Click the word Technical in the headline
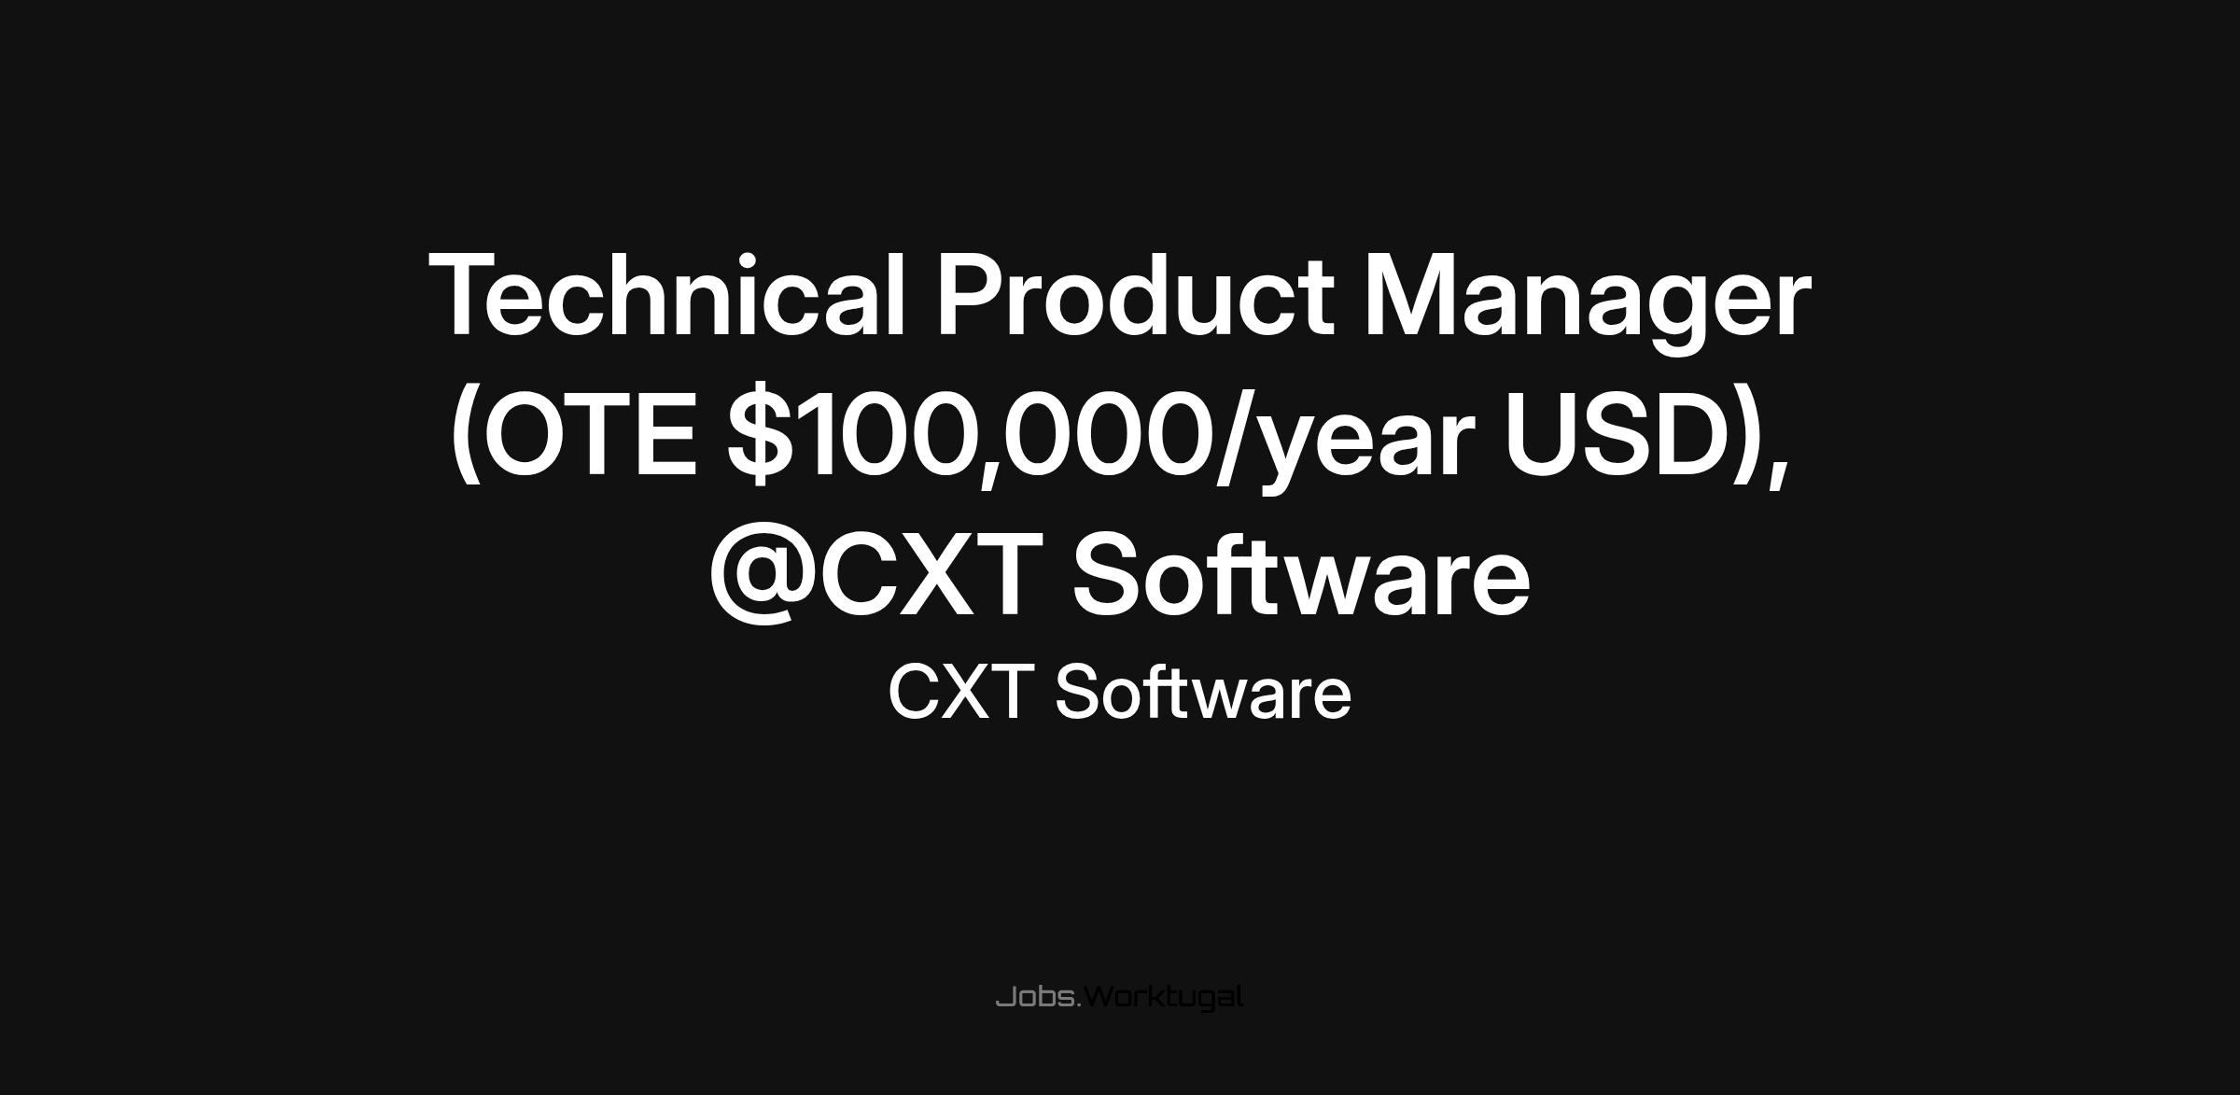coord(668,293)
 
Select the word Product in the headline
coord(1136,293)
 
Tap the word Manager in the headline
coord(1588,301)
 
